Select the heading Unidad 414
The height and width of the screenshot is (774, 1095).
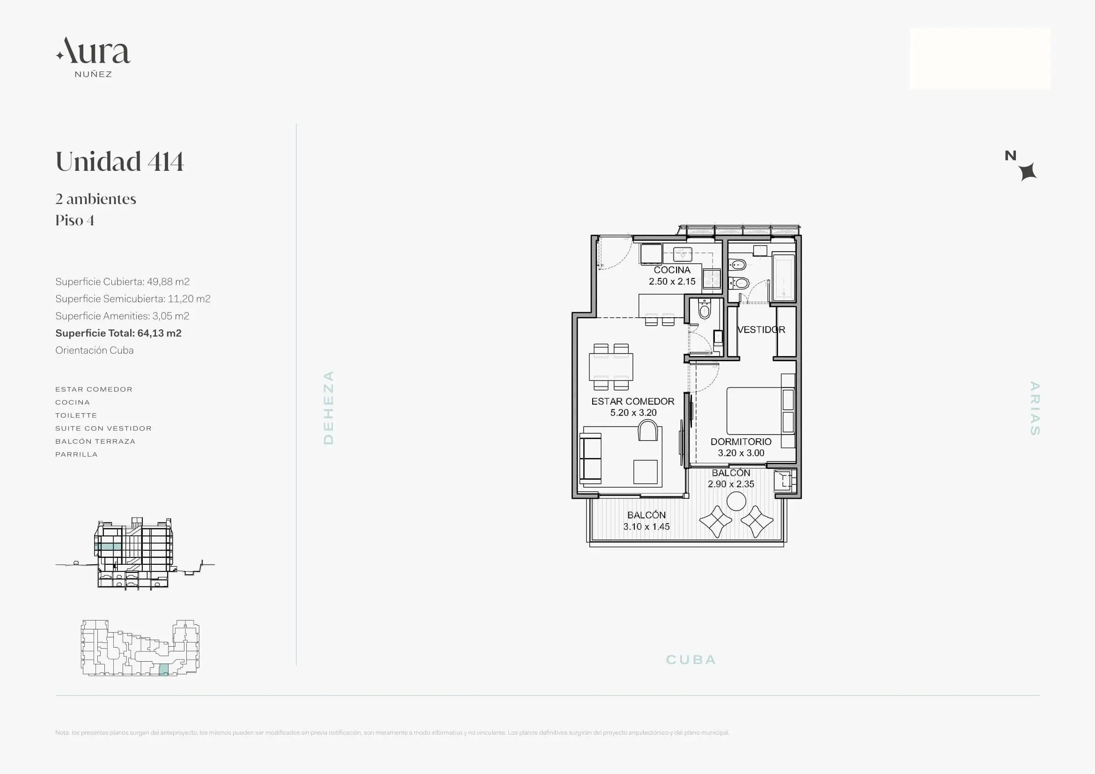120,161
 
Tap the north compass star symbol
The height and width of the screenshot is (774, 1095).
1028,172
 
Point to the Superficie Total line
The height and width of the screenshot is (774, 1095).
118,333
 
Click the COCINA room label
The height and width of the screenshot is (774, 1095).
672,270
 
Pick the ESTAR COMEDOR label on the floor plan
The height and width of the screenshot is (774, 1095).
633,402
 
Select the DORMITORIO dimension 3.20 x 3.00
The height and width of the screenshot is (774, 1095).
741,453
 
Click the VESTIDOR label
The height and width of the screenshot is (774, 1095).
761,329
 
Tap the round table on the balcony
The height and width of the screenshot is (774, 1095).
736,501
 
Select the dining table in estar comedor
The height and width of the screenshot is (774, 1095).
611,366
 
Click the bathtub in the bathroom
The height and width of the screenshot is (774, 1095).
784,277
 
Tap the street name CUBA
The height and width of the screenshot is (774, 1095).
691,660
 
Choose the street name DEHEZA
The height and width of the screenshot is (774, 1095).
329,408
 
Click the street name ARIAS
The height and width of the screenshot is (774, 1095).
1035,408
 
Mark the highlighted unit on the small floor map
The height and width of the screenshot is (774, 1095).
163,669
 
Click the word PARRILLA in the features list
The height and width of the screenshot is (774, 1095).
76,454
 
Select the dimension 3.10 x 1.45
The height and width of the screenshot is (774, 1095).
646,526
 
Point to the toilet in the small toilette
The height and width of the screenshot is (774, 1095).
705,309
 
